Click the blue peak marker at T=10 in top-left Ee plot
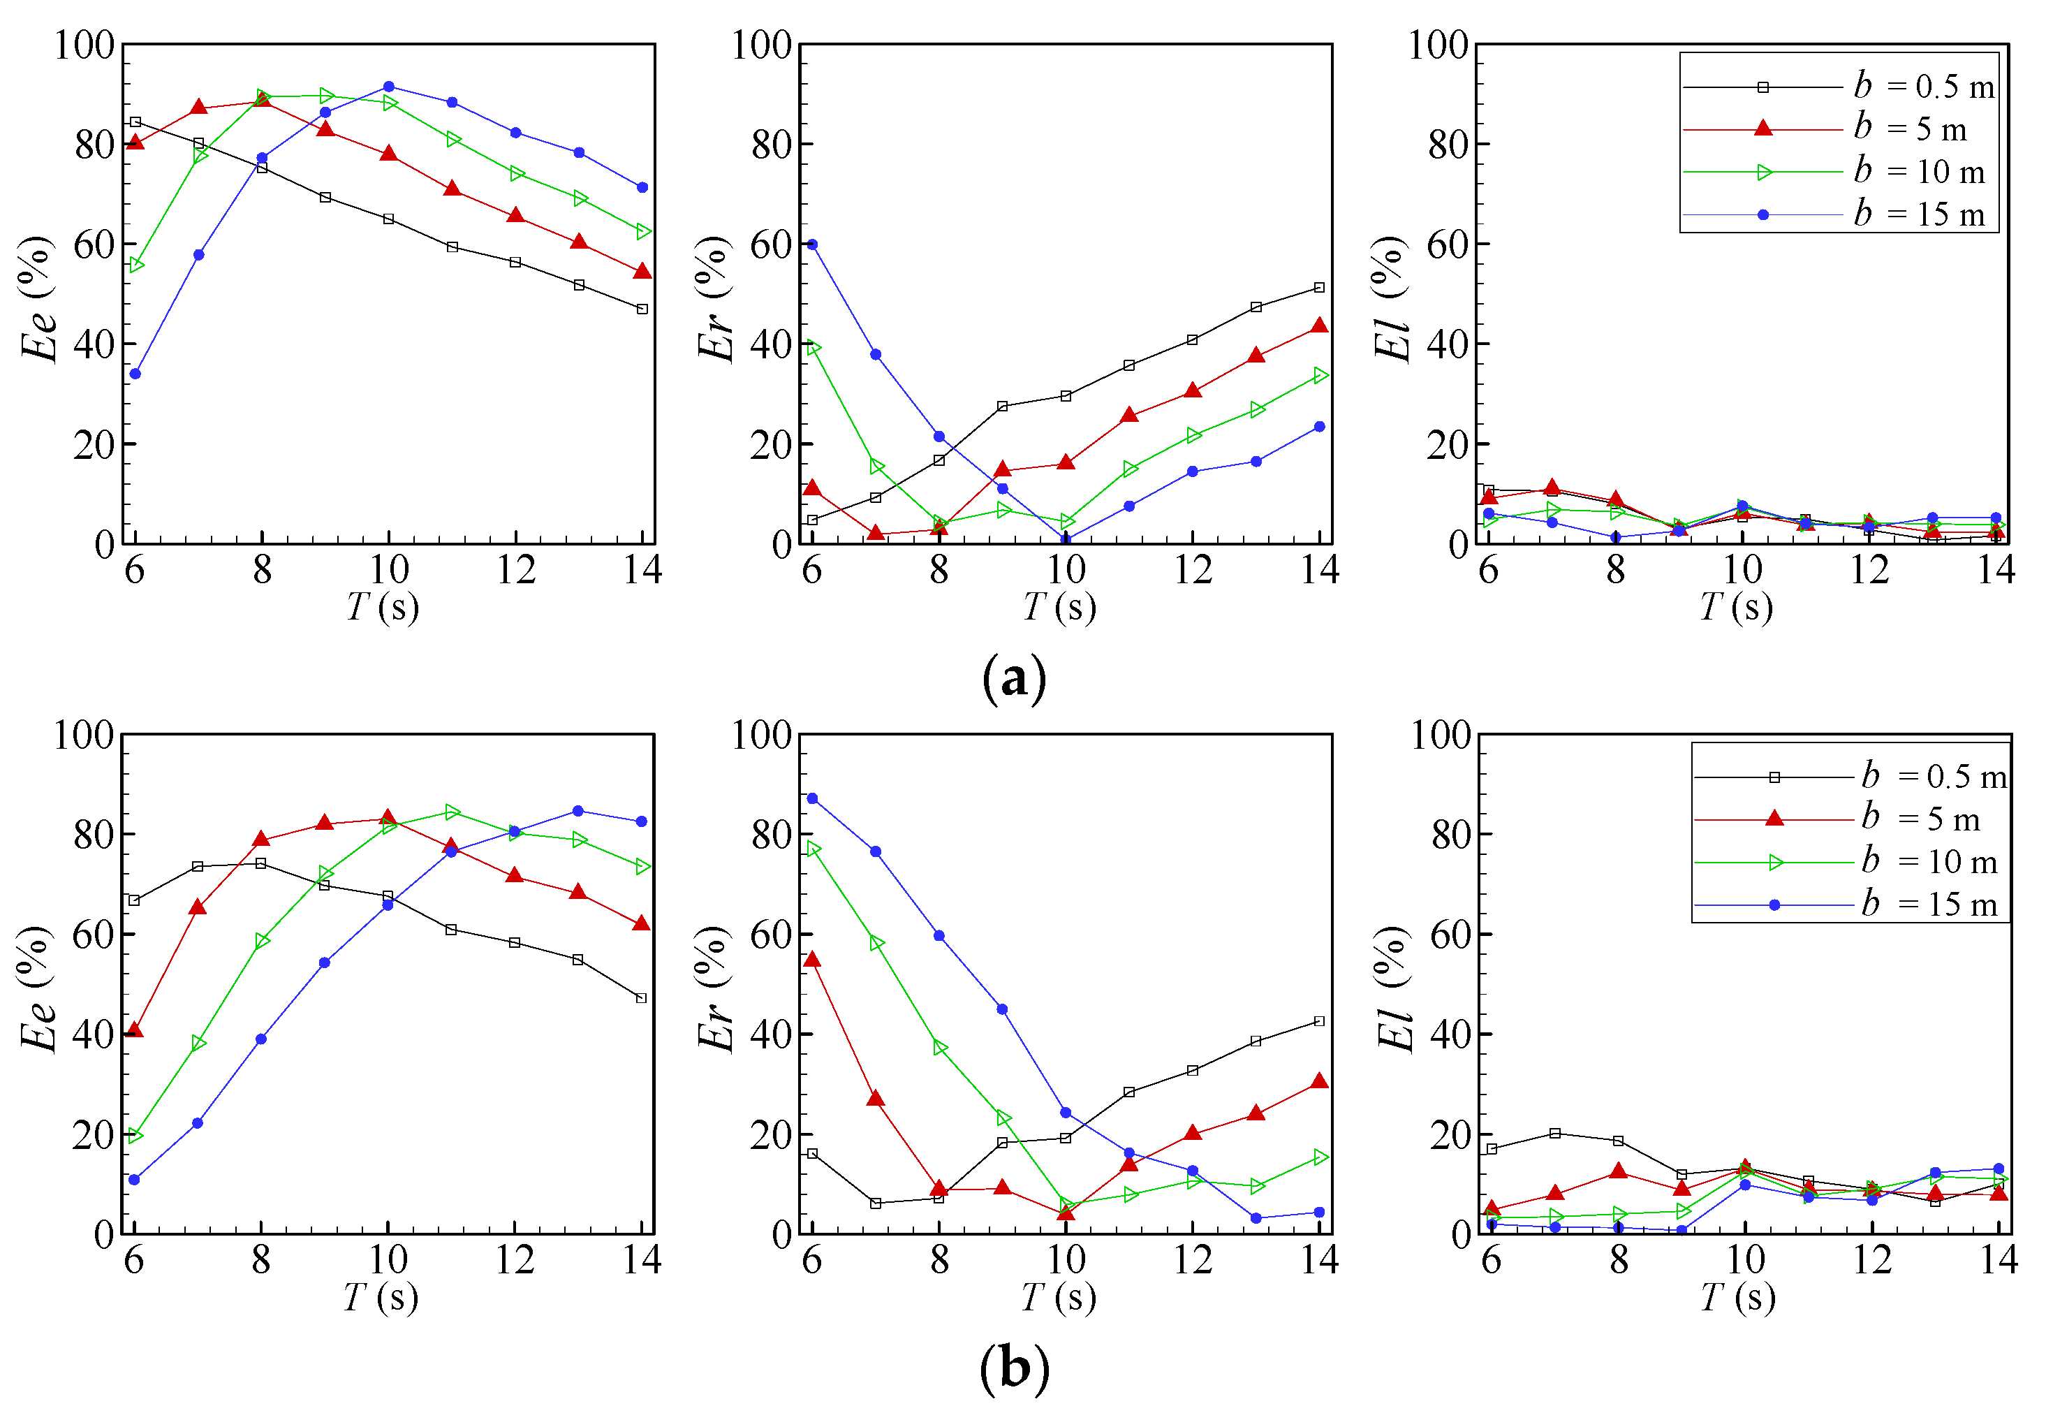(389, 87)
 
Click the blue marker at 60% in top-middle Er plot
(812, 244)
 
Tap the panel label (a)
(1013, 679)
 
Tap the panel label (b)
(1013, 1368)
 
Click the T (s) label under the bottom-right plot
(1737, 1296)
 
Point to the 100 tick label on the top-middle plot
(761, 45)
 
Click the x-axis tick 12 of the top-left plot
(516, 569)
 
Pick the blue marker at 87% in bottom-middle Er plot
(812, 799)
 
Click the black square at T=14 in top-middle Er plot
(1319, 287)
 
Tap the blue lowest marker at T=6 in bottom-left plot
(134, 1180)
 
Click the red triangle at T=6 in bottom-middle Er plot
(812, 960)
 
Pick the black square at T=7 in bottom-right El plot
(1555, 1134)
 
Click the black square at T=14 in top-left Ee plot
(642, 309)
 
